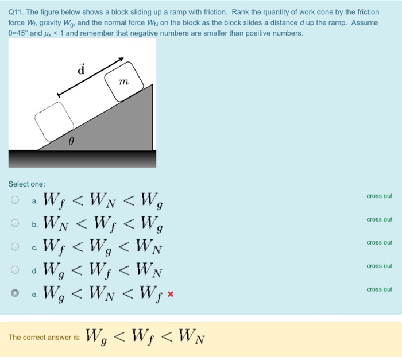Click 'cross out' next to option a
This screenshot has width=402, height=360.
[x=379, y=196]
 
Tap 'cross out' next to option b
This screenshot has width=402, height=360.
[x=379, y=220]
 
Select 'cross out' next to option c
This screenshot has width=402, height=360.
[x=379, y=243]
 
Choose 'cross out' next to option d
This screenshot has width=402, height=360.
[x=379, y=266]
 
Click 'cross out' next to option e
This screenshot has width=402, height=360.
[x=379, y=289]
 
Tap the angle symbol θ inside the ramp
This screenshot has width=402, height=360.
[x=71, y=140]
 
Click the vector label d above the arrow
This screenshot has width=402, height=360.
[x=81, y=70]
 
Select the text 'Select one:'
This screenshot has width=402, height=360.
[x=26, y=184]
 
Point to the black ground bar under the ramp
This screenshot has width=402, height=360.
[x=81, y=157]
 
